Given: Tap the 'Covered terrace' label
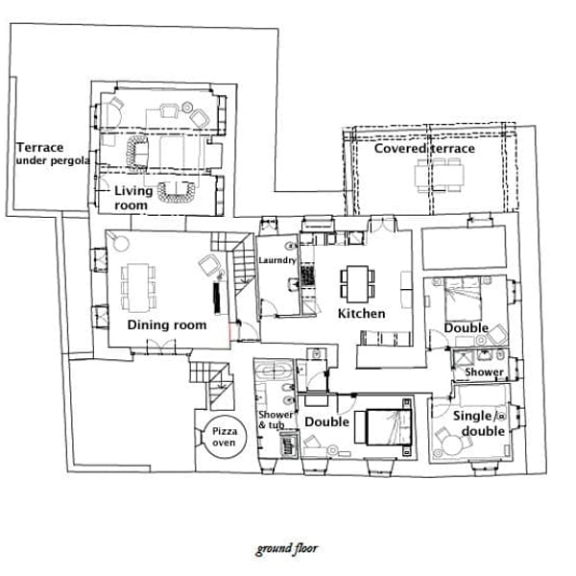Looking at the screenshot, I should tap(423, 149).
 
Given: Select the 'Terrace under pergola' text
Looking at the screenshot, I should tap(52, 154).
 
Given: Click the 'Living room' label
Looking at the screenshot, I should tap(132, 198).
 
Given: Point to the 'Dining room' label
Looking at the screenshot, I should tap(167, 325).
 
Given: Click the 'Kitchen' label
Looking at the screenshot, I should tap(361, 314).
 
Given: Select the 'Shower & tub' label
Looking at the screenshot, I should tap(276, 420).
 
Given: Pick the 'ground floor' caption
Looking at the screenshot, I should tap(286, 550).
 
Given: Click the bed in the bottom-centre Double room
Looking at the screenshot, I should tap(381, 426).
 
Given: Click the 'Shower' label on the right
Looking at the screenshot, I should tap(484, 372).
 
